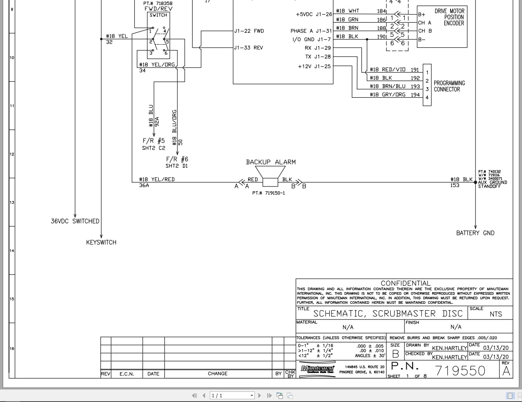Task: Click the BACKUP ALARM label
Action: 271,162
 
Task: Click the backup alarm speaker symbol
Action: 270,176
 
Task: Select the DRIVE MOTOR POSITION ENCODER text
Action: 449,17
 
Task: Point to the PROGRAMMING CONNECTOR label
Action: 449,86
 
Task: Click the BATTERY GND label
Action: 475,233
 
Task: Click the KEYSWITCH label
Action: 101,242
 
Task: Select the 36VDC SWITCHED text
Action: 75,221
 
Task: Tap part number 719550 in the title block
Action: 460,370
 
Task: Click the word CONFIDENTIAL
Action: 406,283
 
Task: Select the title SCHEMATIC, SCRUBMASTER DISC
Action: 388,314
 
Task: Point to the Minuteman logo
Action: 318,369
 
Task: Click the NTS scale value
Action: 496,314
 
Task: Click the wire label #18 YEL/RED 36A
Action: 156,182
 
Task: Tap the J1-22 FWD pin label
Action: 249,31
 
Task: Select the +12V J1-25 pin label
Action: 314,66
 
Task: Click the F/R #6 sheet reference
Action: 177,162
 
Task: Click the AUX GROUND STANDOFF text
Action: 492,184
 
